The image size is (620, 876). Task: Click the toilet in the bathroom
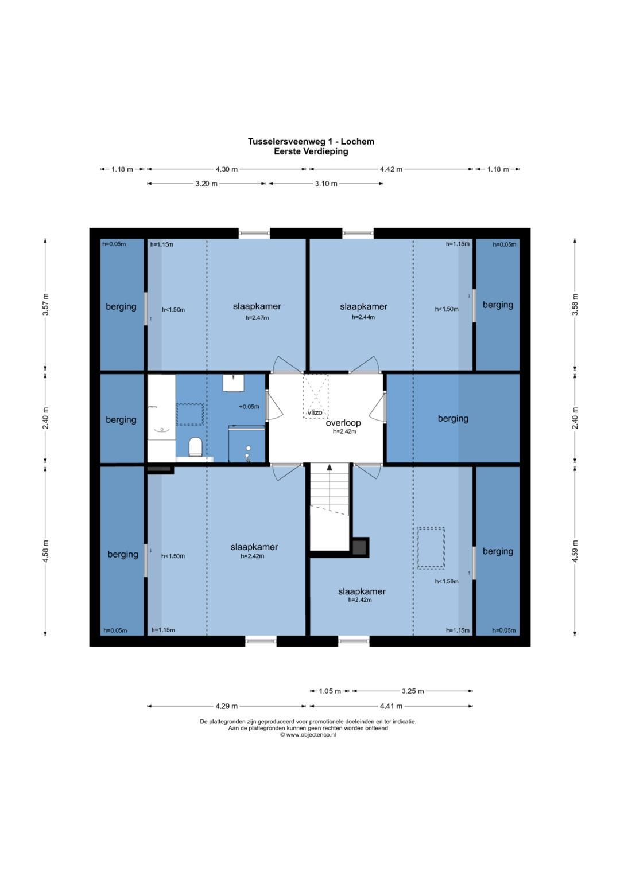point(195,446)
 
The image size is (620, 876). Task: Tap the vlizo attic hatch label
point(315,412)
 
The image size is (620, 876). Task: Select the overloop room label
point(343,423)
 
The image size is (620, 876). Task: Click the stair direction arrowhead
point(330,466)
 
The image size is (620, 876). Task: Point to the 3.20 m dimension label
point(206,184)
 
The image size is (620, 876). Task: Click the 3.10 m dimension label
point(326,184)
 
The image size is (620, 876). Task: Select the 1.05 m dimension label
point(330,691)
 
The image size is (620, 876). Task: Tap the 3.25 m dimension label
point(413,691)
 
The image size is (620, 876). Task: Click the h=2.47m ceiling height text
point(257,318)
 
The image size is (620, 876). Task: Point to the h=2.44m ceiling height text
point(363,317)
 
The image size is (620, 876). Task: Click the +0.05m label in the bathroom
point(249,407)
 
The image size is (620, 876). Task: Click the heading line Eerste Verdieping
point(311,151)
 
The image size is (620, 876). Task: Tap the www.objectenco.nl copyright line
point(308,735)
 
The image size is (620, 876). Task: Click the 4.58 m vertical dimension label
point(46,551)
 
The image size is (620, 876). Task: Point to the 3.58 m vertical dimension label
point(575,304)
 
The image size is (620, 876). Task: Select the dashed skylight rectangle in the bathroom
point(190,414)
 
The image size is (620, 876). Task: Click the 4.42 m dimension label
point(391,169)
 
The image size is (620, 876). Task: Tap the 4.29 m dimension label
point(226,706)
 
